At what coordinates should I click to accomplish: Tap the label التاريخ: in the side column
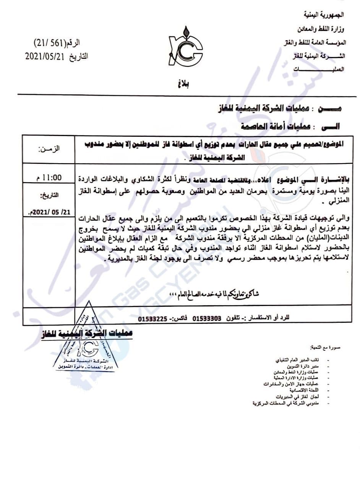coord(50,196)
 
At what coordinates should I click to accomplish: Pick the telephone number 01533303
coord(207,318)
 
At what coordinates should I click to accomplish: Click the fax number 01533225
coord(152,318)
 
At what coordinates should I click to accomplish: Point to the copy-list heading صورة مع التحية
coord(324,348)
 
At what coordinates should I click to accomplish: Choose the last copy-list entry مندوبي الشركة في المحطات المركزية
coord(290,403)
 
